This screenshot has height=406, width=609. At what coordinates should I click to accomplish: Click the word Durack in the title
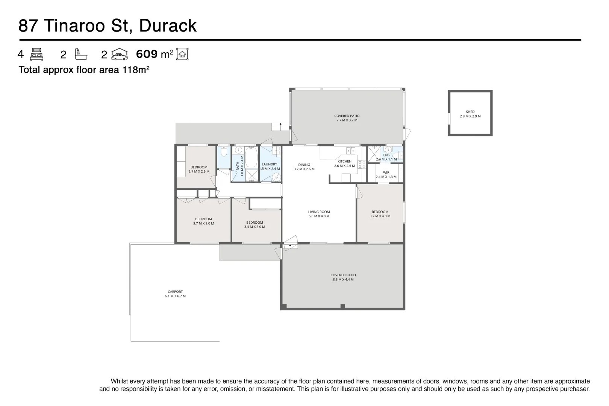pos(168,26)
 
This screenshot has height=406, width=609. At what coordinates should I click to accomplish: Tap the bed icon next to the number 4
pos(36,55)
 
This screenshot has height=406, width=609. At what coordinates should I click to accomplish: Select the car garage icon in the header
pos(120,55)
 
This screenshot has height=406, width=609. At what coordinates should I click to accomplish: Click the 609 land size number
pos(147,54)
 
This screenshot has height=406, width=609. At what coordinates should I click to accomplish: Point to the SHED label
pos(470,112)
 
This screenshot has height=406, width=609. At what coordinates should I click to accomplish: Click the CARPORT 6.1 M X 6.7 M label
pos(175,294)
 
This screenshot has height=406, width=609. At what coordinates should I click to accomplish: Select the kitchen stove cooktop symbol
pos(362,164)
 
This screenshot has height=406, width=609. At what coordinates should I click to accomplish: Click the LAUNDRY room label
pos(270,165)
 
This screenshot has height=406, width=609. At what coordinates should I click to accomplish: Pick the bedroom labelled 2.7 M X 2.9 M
pos(199,170)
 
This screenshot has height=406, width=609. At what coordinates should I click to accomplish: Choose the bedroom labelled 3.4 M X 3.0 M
pos(255,225)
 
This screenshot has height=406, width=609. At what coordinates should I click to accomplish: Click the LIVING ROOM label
pos(319,214)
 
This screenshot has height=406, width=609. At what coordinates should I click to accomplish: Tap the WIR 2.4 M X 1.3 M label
pos(386,174)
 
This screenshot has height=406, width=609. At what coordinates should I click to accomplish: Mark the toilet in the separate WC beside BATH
pos(223,151)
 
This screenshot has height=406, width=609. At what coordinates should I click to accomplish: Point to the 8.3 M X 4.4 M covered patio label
pos(343,277)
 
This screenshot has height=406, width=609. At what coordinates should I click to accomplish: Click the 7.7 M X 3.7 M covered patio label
pos(347,118)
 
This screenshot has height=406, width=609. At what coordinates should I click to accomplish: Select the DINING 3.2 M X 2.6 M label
pos(304,167)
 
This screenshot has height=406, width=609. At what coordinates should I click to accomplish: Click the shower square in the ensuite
pos(374,155)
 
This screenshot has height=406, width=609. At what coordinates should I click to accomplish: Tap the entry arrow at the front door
pos(290,246)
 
